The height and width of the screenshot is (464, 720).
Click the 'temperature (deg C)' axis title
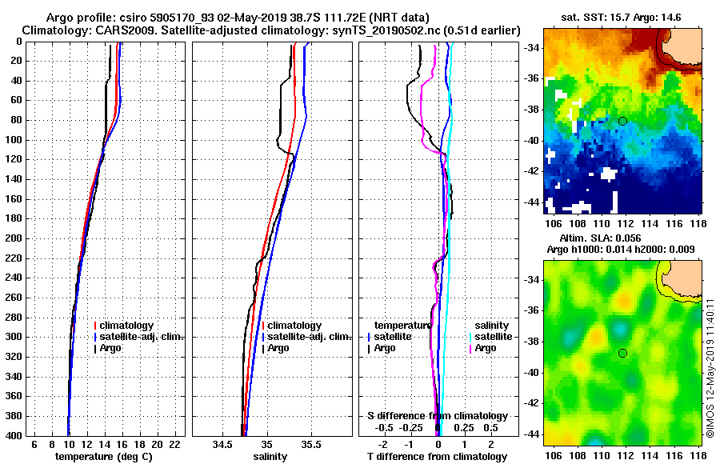click(104, 457)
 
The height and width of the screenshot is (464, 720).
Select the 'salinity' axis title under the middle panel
click(270, 457)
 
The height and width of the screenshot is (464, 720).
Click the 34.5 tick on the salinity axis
click(223, 444)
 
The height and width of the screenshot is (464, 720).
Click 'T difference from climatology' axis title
click(437, 457)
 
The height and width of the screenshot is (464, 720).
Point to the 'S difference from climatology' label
click(437, 416)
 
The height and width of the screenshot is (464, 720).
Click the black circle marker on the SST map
click(622, 121)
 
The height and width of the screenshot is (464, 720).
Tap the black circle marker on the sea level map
click(622, 353)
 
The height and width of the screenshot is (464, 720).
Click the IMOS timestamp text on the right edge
click(710, 368)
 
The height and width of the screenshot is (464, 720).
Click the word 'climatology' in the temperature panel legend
click(127, 326)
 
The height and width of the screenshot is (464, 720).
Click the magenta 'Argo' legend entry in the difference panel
click(486, 348)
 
